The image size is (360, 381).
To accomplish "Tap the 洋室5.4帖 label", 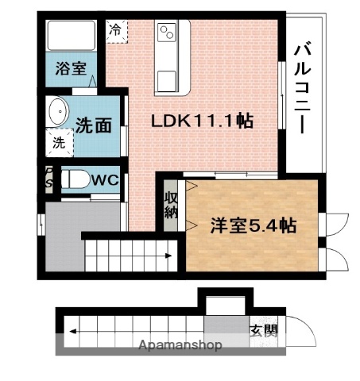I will coord(252,225).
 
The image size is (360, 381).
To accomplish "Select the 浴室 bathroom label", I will coord(69,68).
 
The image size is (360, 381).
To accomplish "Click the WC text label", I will coord(105,180).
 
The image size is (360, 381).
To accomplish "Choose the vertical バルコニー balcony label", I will coord(302,90).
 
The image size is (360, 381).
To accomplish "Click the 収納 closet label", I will coord(172,204).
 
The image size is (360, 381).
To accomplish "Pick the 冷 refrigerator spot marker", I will coord(116,32).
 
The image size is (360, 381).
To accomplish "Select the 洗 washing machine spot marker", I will coord(59,143).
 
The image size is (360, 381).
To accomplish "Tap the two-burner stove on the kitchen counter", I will coord(167,33).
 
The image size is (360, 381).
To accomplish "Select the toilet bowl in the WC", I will coord(75,180).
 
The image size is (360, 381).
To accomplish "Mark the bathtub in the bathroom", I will coord(70,35).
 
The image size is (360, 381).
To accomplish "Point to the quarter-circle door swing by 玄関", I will coord(290,327).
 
